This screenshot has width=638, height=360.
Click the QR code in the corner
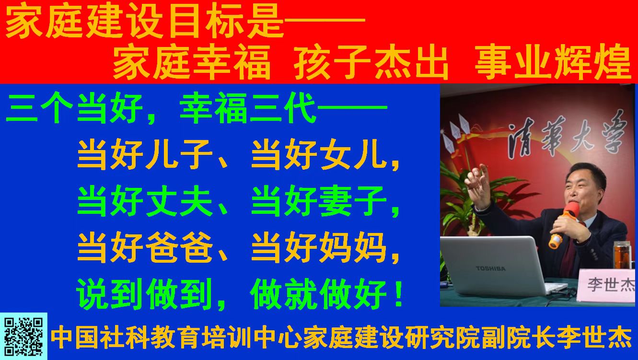coord(23,337)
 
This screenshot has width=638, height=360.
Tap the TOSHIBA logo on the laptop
coord(490,268)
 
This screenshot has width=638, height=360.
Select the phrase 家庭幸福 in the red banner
coord(191,63)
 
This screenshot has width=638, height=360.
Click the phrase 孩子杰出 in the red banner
coord(371,63)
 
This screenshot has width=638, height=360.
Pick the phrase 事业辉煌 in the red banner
coord(553,63)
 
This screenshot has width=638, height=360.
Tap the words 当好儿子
coord(145,155)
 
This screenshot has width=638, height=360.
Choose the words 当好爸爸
coord(145,247)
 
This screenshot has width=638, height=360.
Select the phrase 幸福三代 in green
coord(248,108)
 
